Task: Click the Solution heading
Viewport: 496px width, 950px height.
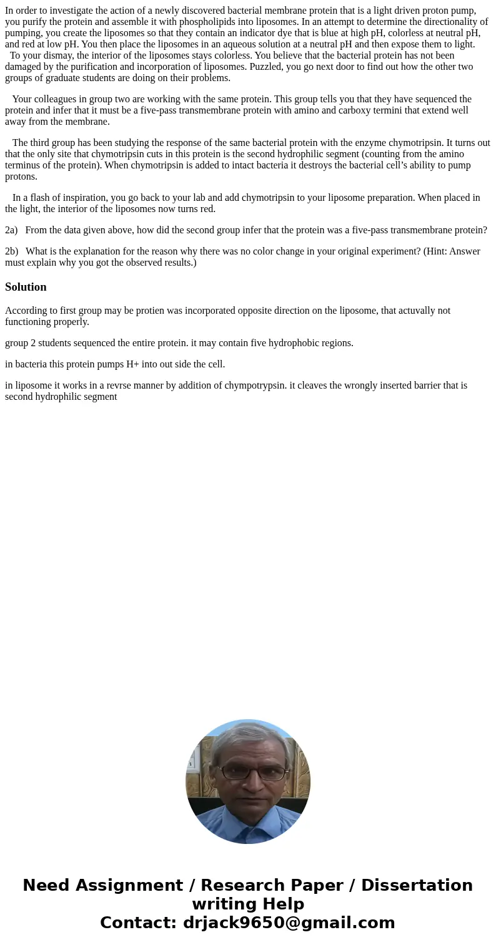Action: pos(26,287)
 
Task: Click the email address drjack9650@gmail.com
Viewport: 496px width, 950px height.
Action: pos(289,923)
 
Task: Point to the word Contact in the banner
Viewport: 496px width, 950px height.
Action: pos(139,923)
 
